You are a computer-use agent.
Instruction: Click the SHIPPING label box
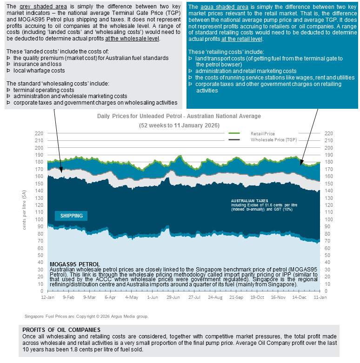coord(71,216)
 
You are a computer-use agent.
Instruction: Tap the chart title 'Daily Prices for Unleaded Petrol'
coord(179,116)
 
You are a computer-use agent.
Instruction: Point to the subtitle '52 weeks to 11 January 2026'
coord(179,125)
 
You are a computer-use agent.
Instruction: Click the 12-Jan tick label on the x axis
coord(48,297)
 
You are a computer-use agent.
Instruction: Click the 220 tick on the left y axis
coord(39,133)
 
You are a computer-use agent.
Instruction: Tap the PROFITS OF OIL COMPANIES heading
coord(60,330)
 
